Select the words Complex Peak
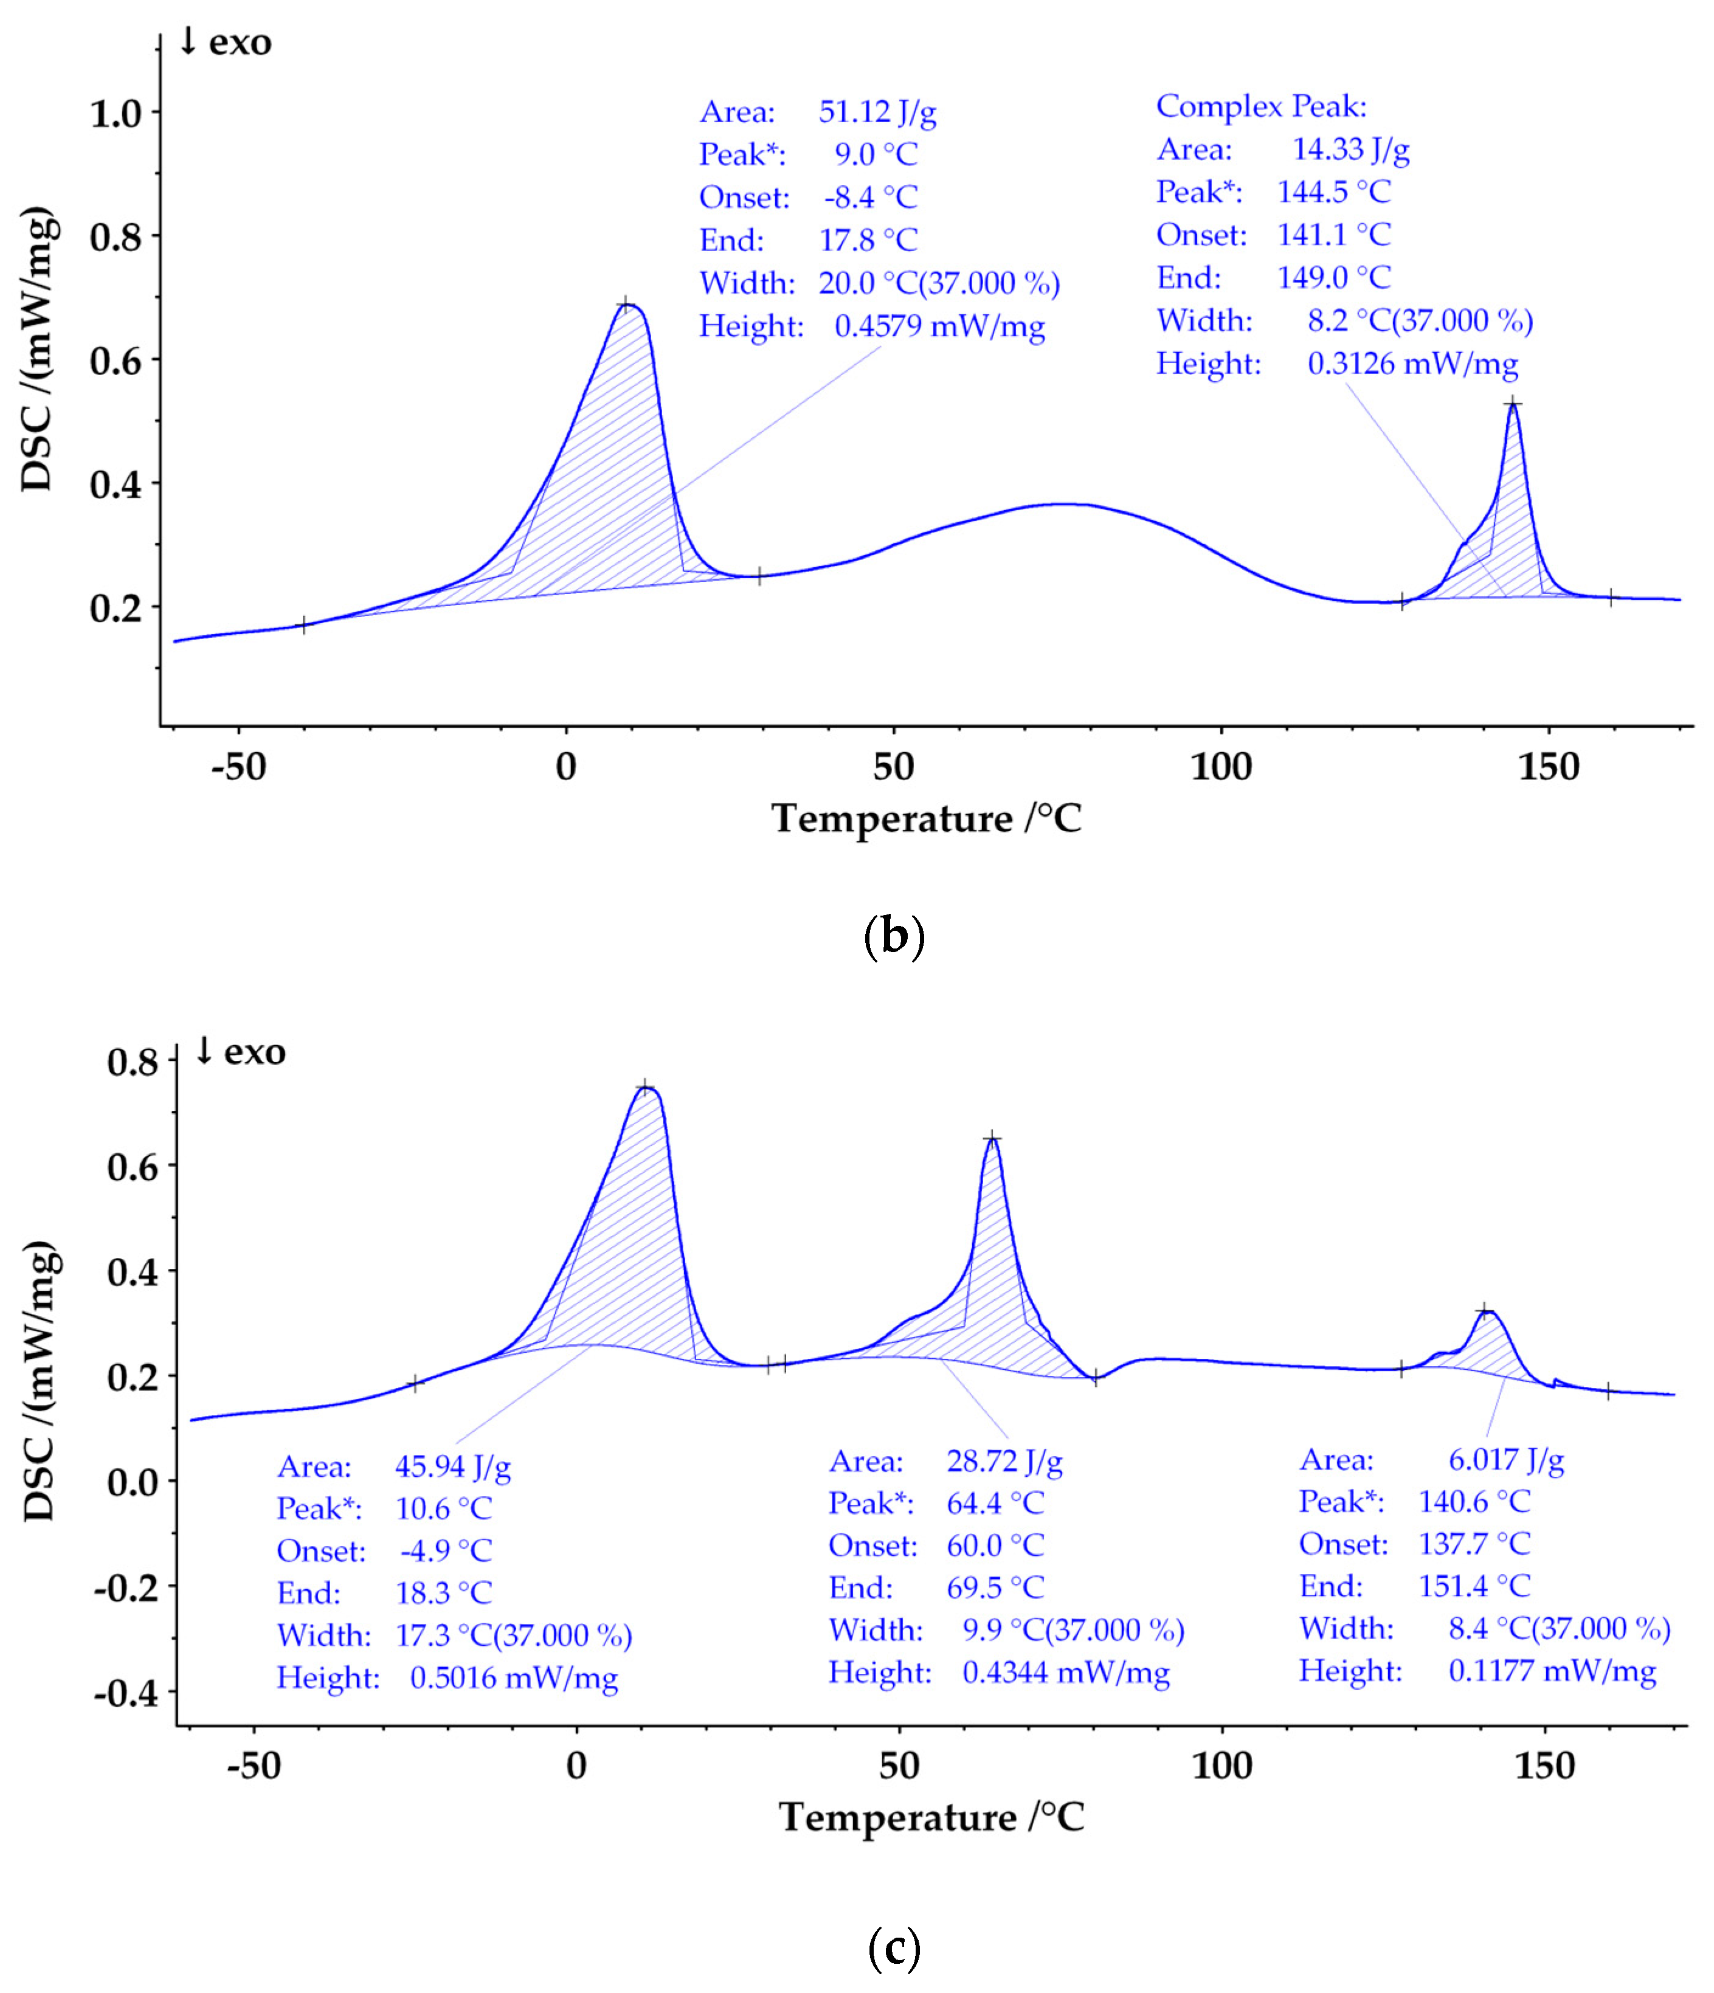click(x=1260, y=106)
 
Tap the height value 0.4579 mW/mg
click(x=939, y=326)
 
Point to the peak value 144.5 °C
click(x=1333, y=192)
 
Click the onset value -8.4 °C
click(x=871, y=197)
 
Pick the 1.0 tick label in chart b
click(x=116, y=114)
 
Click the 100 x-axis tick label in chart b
click(x=1220, y=767)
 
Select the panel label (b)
click(x=894, y=935)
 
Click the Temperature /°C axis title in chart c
click(x=930, y=1817)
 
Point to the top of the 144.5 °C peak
click(x=1513, y=404)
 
